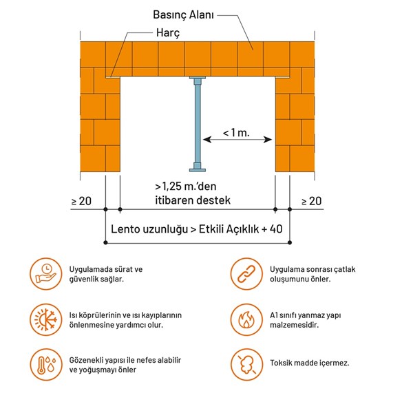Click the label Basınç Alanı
coord(183,14)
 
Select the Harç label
coord(168,33)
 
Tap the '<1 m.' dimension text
coord(236,132)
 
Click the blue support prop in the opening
coord(198,124)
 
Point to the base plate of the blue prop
coord(198,170)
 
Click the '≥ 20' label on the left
coord(82,201)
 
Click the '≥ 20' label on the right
coord(312,201)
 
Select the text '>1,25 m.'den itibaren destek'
coord(193,193)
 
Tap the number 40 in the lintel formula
coord(276,229)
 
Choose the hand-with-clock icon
coord(46,274)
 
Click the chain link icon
coord(246,274)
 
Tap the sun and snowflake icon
coord(46,320)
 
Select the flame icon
coord(246,320)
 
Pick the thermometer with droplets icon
coord(46,365)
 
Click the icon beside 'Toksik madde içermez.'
coord(246,365)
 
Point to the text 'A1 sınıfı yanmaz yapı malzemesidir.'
coord(305,320)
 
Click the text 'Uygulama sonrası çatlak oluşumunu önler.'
coord(313,274)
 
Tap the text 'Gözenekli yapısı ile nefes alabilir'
coord(125,360)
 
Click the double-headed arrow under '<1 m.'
coord(237,139)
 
